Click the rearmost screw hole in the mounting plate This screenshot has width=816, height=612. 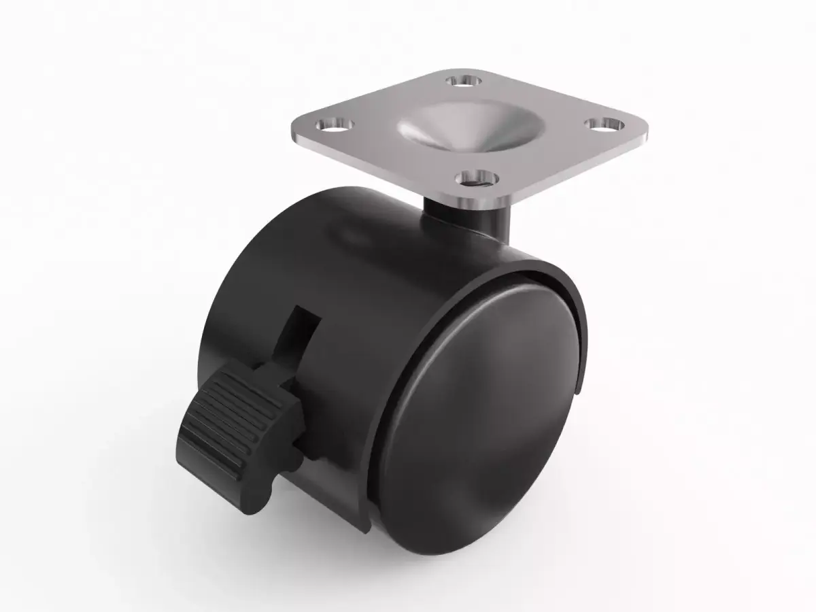(464, 82)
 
